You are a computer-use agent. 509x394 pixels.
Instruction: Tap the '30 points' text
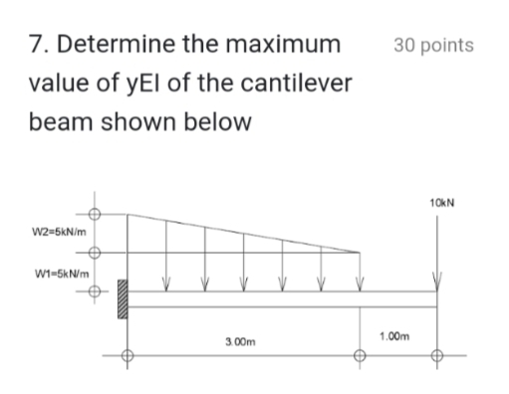(433, 46)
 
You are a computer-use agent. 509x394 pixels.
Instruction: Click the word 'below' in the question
(217, 124)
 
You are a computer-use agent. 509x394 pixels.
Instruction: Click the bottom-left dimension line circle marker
(127, 356)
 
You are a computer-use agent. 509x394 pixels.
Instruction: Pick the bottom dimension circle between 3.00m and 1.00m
(360, 356)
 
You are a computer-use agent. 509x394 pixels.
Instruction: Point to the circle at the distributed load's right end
(360, 254)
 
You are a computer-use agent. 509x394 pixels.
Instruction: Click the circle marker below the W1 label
(97, 294)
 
